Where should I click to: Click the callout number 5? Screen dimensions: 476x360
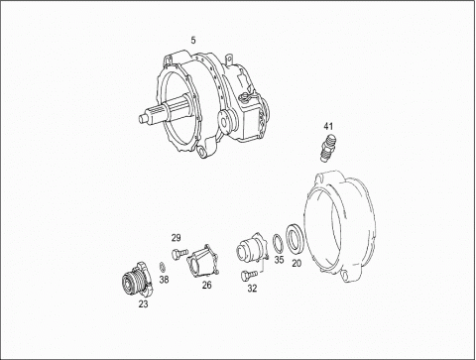(x=193, y=41)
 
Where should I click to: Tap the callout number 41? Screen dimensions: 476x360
(x=328, y=126)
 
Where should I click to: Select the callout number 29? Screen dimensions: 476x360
(x=177, y=238)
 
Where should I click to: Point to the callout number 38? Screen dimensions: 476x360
(x=165, y=280)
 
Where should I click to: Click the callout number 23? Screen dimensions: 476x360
(x=143, y=304)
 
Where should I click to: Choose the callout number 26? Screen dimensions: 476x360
(x=207, y=285)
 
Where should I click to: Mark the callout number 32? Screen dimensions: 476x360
(x=252, y=289)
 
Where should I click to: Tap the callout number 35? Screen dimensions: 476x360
(x=279, y=260)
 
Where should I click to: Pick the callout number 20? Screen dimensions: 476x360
(x=297, y=264)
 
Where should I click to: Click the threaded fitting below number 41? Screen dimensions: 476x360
(x=327, y=147)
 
